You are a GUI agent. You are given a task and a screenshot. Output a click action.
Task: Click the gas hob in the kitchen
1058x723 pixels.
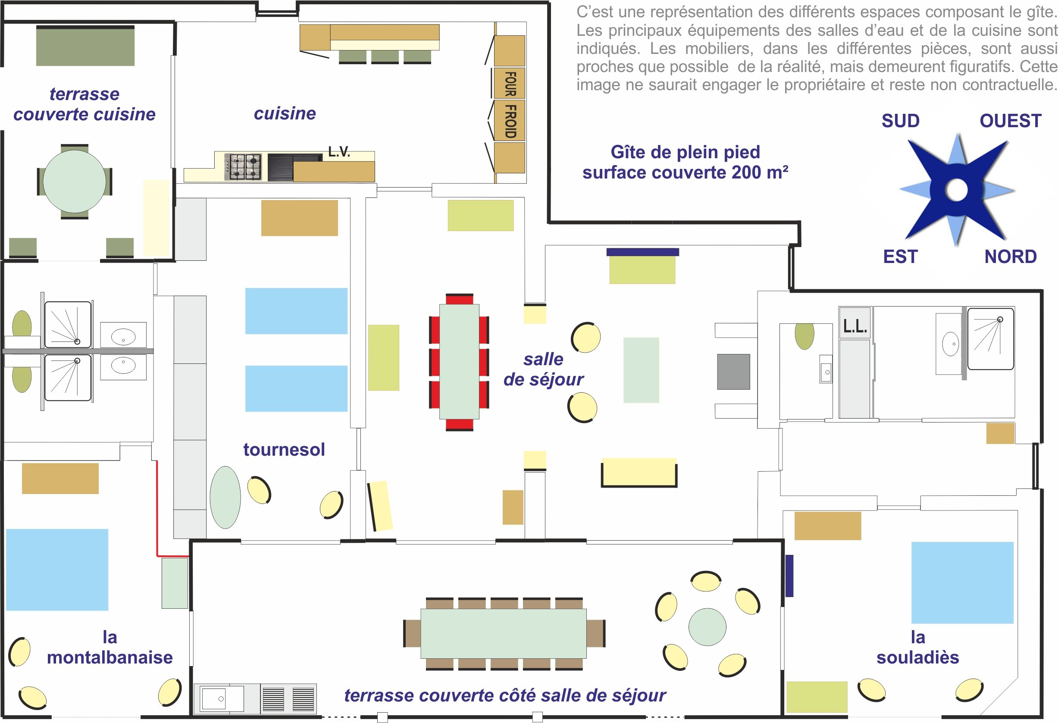(x=243, y=167)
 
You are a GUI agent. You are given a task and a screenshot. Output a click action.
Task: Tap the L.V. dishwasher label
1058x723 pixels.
(x=339, y=152)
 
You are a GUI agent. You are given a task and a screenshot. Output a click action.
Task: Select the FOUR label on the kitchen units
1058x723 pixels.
(x=510, y=84)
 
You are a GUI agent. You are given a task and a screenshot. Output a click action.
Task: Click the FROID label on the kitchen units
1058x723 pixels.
(x=510, y=121)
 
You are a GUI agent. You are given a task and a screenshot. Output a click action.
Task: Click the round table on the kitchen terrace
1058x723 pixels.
(x=75, y=181)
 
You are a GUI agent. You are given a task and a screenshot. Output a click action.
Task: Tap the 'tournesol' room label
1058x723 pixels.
(x=284, y=449)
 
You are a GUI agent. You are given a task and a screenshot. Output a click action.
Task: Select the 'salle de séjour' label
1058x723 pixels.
(x=543, y=369)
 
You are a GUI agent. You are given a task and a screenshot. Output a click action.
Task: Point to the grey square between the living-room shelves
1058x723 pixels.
(x=733, y=372)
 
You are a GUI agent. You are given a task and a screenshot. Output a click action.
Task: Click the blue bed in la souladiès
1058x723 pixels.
(x=962, y=582)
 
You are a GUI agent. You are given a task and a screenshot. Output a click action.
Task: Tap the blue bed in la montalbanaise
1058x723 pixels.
(x=57, y=570)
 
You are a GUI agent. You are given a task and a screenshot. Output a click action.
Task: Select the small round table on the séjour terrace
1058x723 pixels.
(x=707, y=627)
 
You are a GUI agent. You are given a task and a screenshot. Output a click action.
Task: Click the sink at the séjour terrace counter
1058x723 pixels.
(x=219, y=698)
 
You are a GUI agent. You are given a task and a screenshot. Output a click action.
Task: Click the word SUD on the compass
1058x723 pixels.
(x=901, y=121)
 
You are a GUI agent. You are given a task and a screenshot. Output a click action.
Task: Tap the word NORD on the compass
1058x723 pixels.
(x=1011, y=257)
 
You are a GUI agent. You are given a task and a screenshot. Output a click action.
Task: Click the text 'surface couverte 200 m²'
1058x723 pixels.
(x=685, y=172)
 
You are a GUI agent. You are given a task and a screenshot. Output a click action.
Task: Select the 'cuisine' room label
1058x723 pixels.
(x=285, y=113)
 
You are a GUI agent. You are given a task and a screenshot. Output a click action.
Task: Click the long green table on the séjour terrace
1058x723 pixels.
(x=504, y=634)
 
